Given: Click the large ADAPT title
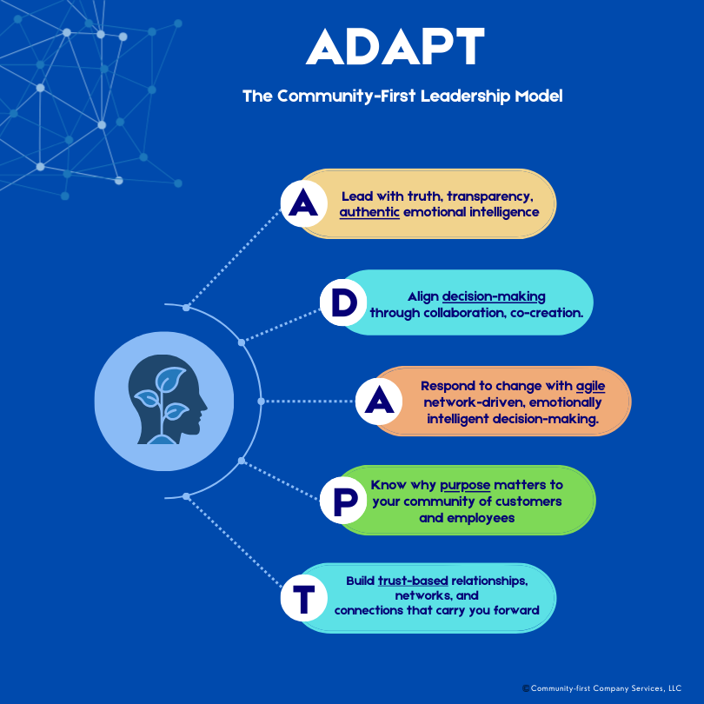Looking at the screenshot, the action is click(395, 47).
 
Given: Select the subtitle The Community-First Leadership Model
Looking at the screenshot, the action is click(402, 96).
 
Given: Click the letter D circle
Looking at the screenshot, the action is click(344, 302).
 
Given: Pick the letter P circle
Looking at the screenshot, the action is click(342, 501).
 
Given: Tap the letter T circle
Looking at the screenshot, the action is click(303, 600).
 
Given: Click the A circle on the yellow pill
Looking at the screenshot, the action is click(303, 204).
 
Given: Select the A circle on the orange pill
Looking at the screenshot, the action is click(380, 401).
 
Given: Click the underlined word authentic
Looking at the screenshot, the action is click(369, 211).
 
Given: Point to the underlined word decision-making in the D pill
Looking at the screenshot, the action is click(494, 296).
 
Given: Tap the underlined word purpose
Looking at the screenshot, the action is click(465, 485).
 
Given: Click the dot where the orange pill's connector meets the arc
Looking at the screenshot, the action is click(261, 401).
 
